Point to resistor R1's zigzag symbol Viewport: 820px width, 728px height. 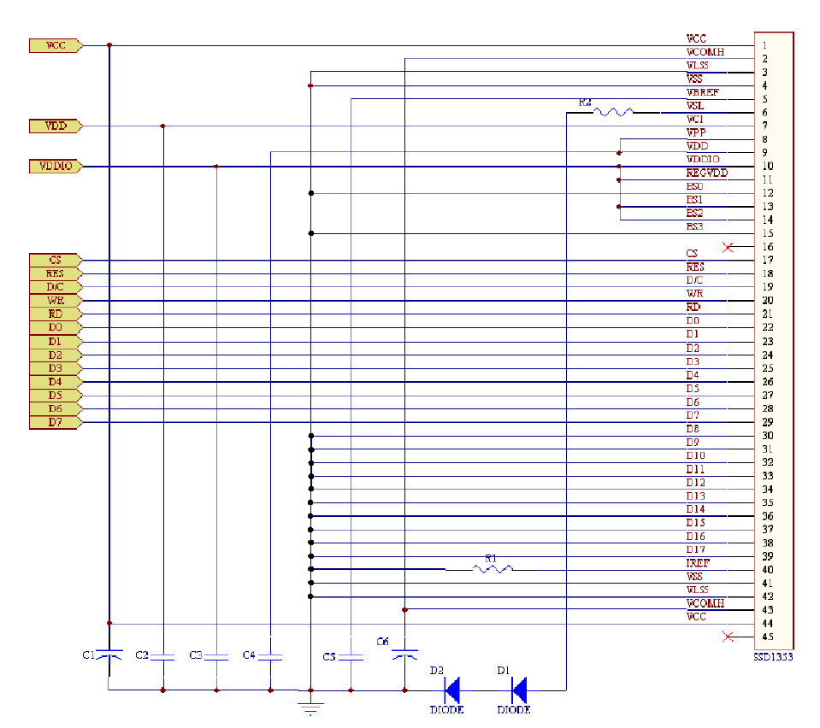point(493,568)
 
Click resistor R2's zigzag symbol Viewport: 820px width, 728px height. point(614,112)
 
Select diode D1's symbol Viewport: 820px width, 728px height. point(517,689)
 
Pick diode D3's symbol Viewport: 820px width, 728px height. point(451,689)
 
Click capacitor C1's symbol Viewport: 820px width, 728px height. point(109,655)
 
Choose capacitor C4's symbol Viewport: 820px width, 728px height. point(270,656)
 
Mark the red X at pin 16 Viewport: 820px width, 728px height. point(728,247)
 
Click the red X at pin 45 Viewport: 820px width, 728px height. point(728,636)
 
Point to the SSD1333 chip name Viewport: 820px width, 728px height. point(773,658)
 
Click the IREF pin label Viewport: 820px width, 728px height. point(697,564)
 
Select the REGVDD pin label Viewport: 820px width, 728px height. point(706,173)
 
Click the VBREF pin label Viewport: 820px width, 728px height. point(702,92)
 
